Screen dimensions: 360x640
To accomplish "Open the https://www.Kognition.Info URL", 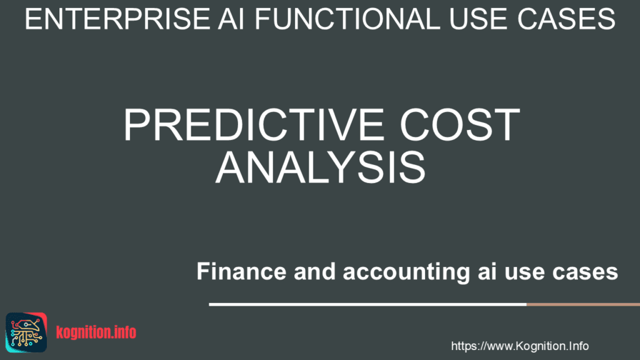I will pos(519,346).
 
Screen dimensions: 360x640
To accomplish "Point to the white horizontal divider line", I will pos(367,304).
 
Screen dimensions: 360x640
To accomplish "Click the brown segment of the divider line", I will pos(582,304).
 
